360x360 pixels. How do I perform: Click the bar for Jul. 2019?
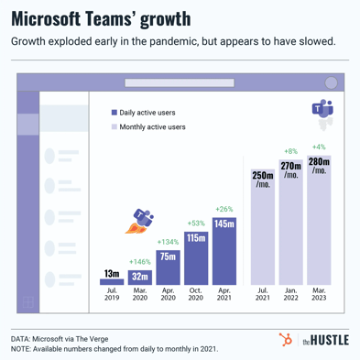coord(112,282)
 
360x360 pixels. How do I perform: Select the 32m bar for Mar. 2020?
coord(140,277)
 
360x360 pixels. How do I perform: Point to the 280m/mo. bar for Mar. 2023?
coord(319,219)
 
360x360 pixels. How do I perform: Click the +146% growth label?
coord(140,261)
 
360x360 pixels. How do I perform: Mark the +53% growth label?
coord(196,223)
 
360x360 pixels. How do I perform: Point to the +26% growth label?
coord(224,209)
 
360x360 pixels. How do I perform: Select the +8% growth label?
coord(291,151)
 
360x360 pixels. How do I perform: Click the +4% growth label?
coord(319,147)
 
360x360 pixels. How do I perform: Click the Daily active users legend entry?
coord(147,112)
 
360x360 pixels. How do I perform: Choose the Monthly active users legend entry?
coord(152,127)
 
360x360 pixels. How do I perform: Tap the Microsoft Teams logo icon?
coord(322,112)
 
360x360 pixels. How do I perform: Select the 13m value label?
coord(112,272)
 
